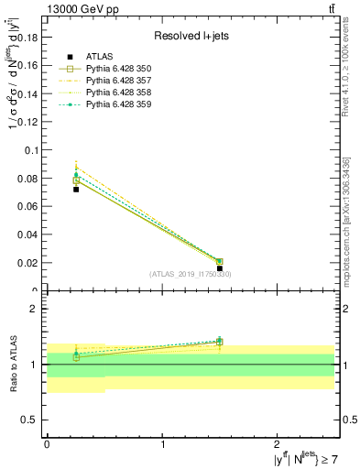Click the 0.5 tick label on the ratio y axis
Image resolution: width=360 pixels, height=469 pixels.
31,420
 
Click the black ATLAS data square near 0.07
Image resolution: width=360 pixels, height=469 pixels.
76,189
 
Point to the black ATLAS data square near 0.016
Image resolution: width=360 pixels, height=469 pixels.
220,268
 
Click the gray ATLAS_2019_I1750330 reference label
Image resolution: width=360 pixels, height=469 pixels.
190,274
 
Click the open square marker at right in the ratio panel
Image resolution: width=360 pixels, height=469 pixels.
220,342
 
